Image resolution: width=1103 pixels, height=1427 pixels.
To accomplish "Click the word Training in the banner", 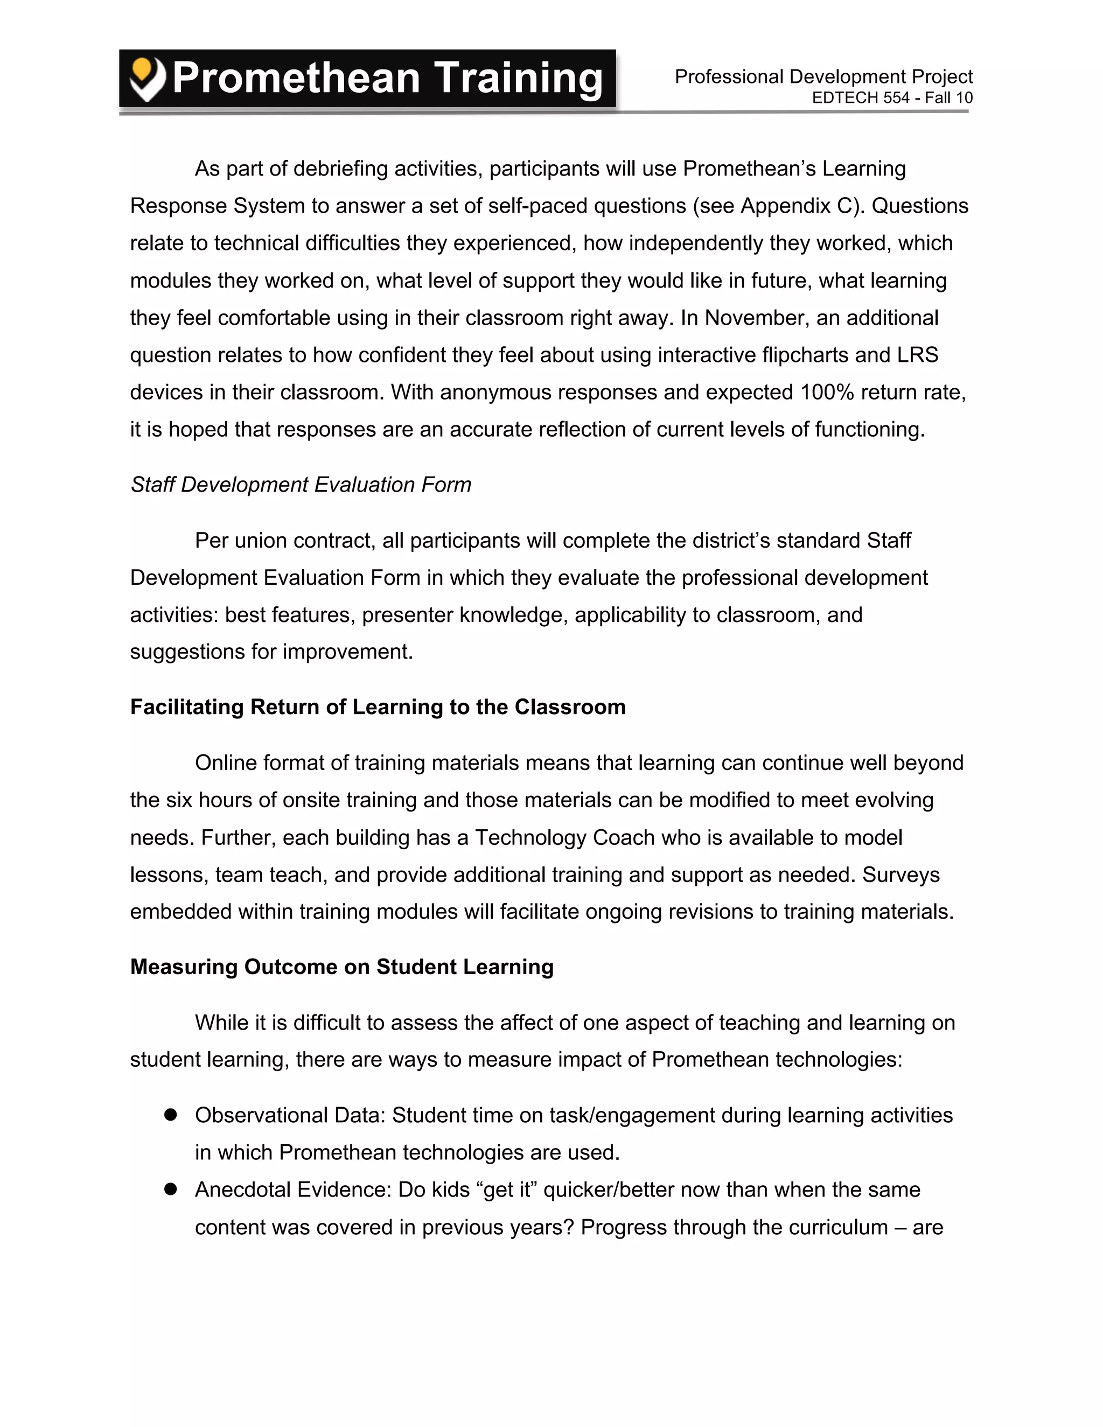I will (x=518, y=79).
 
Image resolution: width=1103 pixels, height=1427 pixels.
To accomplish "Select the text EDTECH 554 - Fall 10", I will (x=892, y=98).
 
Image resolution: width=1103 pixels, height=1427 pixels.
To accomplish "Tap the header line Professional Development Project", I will (x=823, y=76).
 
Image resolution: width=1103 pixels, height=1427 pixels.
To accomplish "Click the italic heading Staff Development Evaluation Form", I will (x=301, y=485).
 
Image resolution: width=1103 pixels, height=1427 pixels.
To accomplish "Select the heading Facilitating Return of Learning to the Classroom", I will (x=378, y=707).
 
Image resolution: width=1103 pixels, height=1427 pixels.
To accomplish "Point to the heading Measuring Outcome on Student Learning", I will (x=342, y=967).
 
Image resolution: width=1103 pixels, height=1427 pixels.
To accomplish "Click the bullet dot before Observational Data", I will (x=171, y=1115).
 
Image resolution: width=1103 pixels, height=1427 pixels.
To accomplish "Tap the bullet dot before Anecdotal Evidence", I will (x=171, y=1189).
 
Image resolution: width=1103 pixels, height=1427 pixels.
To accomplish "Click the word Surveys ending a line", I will (x=901, y=875).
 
